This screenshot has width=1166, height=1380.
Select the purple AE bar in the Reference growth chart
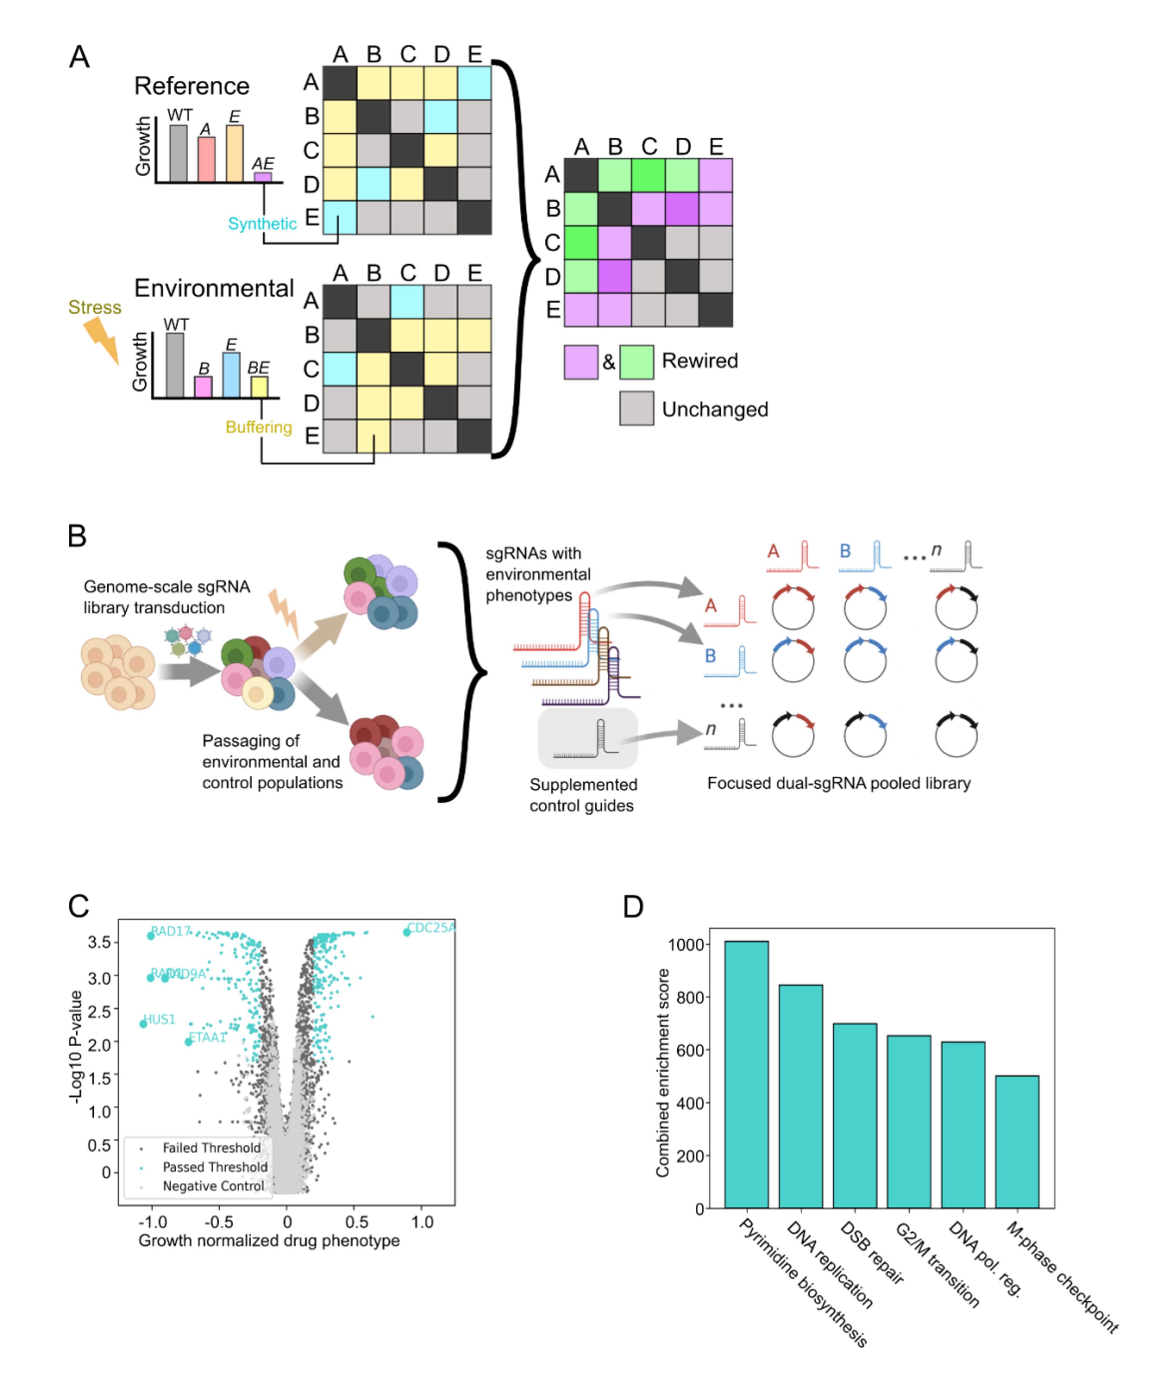click(x=262, y=177)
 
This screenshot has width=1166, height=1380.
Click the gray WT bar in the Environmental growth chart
click(x=175, y=365)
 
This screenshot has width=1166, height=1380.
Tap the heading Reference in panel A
click(x=192, y=86)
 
